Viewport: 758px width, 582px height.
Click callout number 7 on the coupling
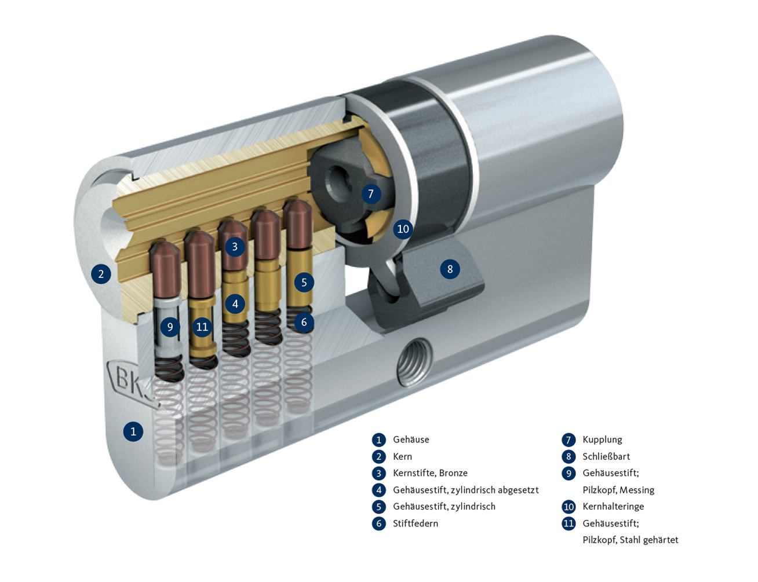click(x=371, y=193)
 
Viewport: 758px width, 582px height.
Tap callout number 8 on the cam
click(x=450, y=269)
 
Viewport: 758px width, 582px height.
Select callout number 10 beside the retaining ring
click(x=403, y=229)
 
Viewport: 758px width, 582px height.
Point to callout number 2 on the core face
click(x=101, y=273)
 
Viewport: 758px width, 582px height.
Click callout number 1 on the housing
click(x=133, y=431)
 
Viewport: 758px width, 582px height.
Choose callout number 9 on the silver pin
click(x=170, y=327)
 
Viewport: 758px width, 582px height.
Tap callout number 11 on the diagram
click(x=202, y=327)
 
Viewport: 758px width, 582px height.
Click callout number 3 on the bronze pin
click(x=235, y=247)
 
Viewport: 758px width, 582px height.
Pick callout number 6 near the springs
click(x=304, y=322)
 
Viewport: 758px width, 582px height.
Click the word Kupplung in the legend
click(x=602, y=440)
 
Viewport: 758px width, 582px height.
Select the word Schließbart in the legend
click(x=606, y=456)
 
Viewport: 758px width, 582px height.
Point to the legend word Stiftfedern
click(x=416, y=524)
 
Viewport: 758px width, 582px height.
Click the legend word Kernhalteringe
click(x=613, y=507)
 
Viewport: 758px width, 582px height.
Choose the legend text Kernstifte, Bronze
click(x=430, y=473)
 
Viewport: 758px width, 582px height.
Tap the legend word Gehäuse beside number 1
click(x=411, y=440)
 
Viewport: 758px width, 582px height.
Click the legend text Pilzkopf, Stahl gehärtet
click(x=630, y=540)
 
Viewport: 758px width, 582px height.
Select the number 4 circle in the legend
click(x=379, y=490)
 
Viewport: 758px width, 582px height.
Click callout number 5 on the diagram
click(x=304, y=282)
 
